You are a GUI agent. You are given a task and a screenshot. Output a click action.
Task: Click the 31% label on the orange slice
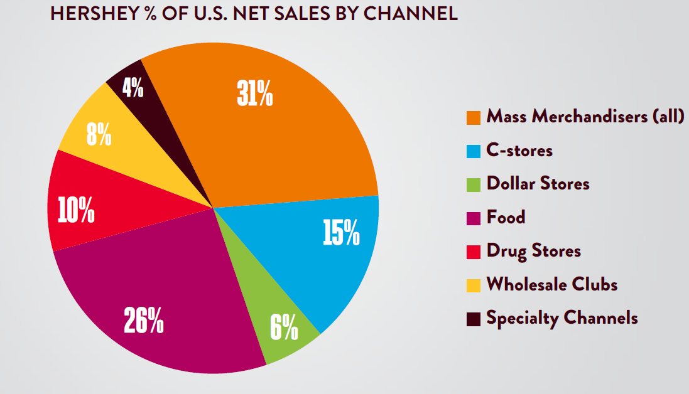pos(254,93)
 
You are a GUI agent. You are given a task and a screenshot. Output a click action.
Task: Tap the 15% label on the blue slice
pos(341,232)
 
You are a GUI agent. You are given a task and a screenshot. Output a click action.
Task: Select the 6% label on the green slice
pos(284,326)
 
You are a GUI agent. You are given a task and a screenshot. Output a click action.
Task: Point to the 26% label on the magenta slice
pos(144,320)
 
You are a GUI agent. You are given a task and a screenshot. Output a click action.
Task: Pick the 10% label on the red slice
pos(76,211)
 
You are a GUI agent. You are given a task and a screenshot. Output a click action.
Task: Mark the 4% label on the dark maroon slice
pos(133,88)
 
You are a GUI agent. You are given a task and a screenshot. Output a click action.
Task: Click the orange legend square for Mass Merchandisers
pos(474,117)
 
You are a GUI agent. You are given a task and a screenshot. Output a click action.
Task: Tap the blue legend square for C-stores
pos(474,151)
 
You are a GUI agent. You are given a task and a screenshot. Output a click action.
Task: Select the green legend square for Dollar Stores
pos(474,184)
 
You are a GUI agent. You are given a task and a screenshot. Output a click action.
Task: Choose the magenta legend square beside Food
pos(474,218)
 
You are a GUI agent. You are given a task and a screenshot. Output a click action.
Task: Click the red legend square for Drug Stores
pos(474,252)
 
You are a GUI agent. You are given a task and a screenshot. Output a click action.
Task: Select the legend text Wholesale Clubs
pos(552,284)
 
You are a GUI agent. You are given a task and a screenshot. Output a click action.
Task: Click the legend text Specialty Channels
pos(562,318)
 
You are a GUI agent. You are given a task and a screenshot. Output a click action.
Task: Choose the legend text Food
pos(506,217)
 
